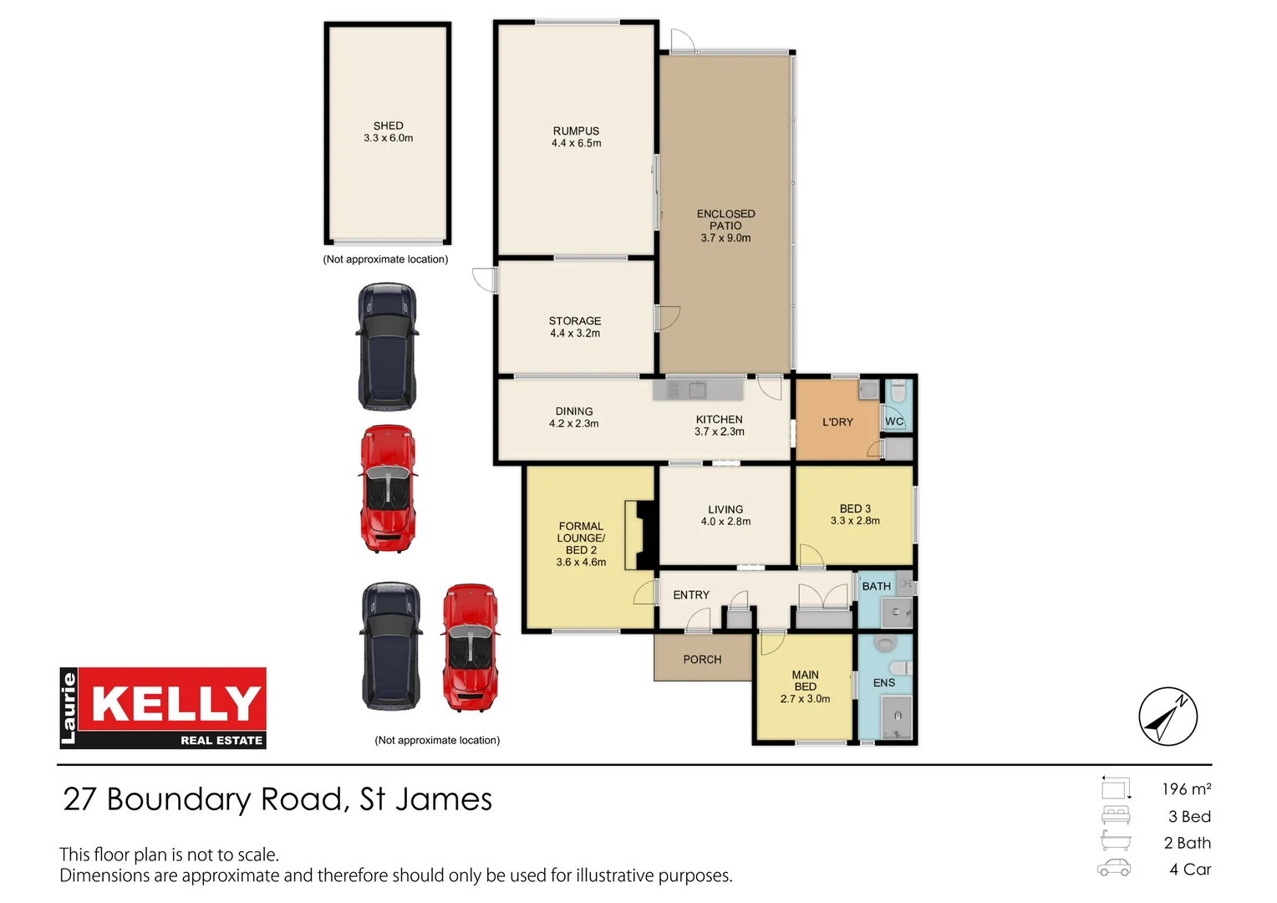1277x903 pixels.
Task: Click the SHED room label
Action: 388,125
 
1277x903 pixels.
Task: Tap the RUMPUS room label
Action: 576,130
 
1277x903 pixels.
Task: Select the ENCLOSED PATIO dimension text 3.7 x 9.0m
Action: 725,238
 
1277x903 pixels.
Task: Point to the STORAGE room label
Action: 575,320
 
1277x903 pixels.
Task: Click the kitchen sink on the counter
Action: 697,389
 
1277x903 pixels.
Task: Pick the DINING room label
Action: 574,411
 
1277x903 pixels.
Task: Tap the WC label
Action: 894,421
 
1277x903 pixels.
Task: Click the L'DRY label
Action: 837,422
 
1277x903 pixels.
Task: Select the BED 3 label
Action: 855,508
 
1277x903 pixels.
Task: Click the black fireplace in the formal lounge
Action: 641,535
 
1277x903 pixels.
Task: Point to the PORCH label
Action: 702,660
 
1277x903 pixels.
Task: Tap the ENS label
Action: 884,683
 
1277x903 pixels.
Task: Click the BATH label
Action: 876,586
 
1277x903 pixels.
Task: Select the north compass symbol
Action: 1168,717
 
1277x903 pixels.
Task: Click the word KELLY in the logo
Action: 176,703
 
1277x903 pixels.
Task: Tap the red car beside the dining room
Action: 388,489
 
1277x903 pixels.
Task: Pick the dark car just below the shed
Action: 387,347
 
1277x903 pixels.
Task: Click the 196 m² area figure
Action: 1186,789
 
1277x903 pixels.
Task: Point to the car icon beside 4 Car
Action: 1114,868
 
